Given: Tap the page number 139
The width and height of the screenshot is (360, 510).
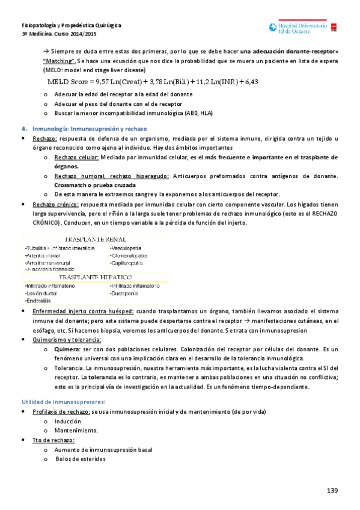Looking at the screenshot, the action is coord(332,491).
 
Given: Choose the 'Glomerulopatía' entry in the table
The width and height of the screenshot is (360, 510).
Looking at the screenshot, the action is coord(129,255).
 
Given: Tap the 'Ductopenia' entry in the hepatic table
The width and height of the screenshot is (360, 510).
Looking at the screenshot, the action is coord(126,293).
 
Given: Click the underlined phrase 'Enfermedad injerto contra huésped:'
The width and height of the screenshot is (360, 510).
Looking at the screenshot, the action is coord(83,311).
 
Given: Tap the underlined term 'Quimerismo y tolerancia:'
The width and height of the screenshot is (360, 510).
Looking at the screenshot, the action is coord(66,339).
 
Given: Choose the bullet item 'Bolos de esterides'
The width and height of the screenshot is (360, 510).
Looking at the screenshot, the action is coord(81,459).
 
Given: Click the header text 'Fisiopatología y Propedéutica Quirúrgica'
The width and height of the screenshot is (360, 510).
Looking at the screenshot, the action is coord(72,26).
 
